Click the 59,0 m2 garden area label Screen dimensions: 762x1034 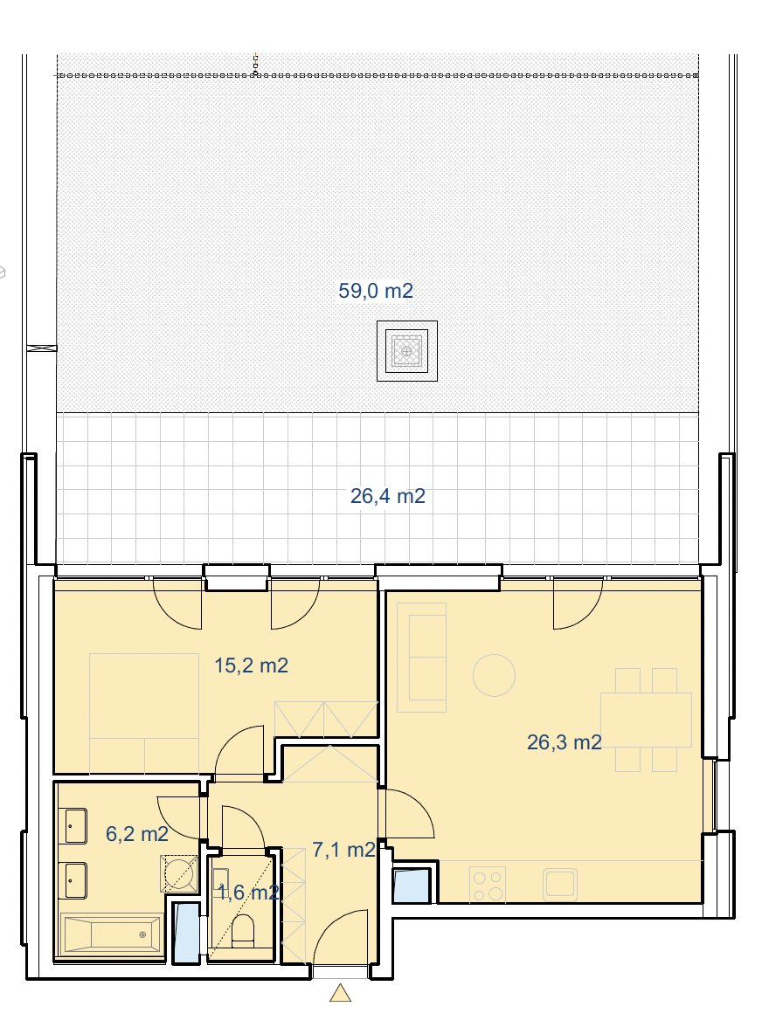tap(376, 290)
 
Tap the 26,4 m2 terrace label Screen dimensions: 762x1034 tap(388, 496)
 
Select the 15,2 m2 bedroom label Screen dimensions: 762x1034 tap(252, 665)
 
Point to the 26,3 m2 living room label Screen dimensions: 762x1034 tap(565, 742)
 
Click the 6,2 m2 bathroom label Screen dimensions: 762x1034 tap(137, 834)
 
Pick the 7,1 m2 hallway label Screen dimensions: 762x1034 tap(343, 850)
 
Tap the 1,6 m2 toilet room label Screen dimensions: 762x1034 tap(248, 893)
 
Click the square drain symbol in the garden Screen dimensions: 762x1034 tap(407, 351)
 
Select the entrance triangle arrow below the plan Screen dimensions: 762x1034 tap(341, 993)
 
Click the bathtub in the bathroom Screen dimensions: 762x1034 tap(112, 934)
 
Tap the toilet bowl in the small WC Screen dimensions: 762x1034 tap(244, 930)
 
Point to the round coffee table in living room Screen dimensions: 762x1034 tap(494, 675)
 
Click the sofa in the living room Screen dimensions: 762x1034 tap(421, 658)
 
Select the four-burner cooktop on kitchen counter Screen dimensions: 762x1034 tap(488, 885)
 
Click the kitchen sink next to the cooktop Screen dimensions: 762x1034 tap(560, 884)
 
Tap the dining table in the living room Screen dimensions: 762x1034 tap(646, 720)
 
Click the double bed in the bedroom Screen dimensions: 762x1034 tap(144, 713)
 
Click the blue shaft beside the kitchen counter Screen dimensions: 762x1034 tap(411, 886)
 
